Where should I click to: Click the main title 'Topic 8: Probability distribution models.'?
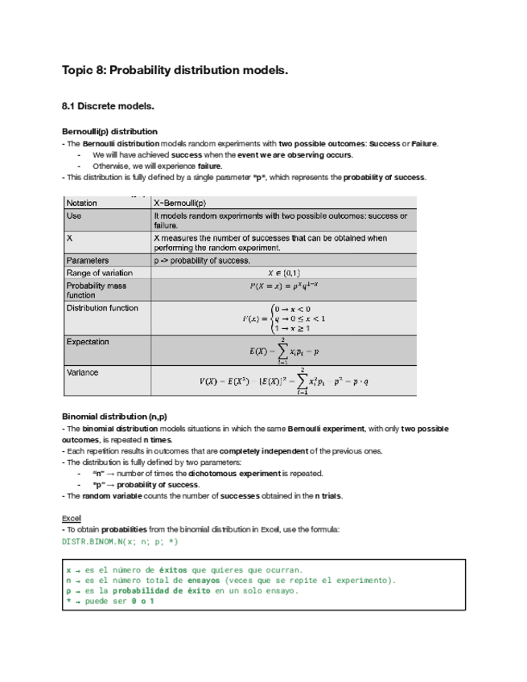coord(174,71)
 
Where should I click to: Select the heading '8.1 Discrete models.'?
coord(108,106)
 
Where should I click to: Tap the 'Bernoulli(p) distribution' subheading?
coord(109,131)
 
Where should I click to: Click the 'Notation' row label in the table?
coord(81,203)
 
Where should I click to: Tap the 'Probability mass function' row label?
coord(96,290)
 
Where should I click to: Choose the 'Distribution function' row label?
coord(102,308)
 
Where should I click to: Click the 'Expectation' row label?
coord(88,342)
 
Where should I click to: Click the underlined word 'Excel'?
coord(71,518)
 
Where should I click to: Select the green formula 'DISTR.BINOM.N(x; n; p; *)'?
coord(120,542)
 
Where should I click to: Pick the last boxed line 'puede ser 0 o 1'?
coord(116,601)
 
